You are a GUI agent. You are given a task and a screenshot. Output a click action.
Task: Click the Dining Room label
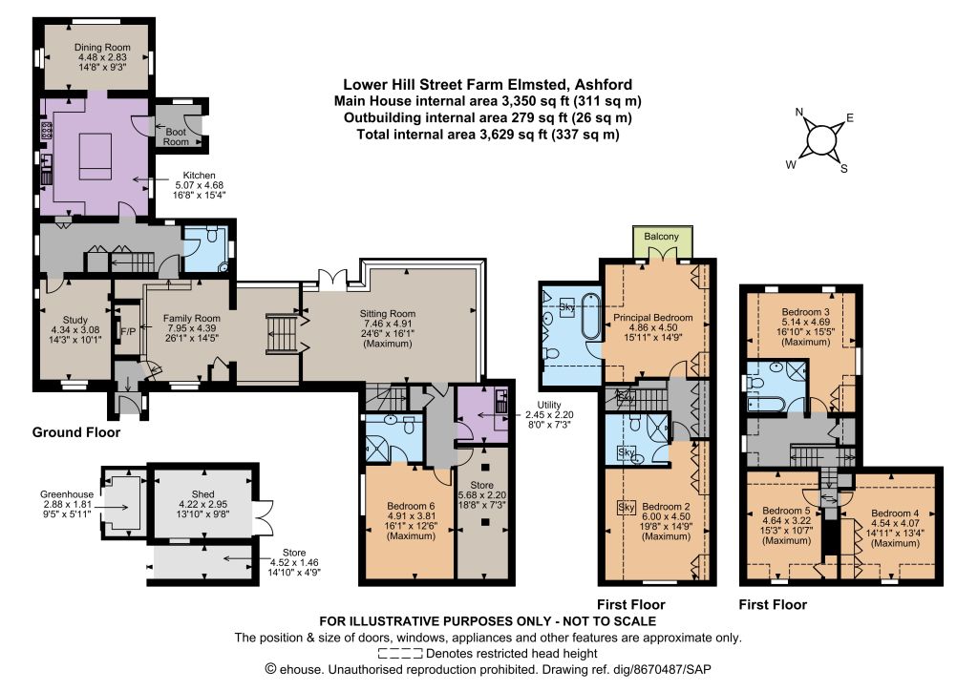pyautogui.click(x=102, y=48)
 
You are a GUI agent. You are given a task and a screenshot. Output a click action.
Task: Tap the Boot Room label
pyautogui.click(x=176, y=136)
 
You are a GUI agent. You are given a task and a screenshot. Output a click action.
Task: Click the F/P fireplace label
pyautogui.click(x=128, y=331)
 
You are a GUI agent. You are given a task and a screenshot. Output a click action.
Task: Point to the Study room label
pyautogui.click(x=75, y=320)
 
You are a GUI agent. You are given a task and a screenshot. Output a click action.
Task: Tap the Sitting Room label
pyautogui.click(x=388, y=313)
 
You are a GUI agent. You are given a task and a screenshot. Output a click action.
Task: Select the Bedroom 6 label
pyautogui.click(x=411, y=506)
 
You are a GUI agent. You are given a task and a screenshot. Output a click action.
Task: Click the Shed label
pyautogui.click(x=203, y=494)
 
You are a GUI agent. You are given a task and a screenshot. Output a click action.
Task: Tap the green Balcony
pyautogui.click(x=663, y=241)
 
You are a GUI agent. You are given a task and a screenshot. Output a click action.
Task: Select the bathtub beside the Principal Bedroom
pyautogui.click(x=590, y=317)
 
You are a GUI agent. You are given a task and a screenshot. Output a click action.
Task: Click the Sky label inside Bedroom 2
pyautogui.click(x=627, y=507)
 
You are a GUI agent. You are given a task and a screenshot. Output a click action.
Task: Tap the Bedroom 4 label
pyautogui.click(x=895, y=513)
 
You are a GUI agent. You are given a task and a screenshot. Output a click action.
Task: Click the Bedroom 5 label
pyautogui.click(x=787, y=511)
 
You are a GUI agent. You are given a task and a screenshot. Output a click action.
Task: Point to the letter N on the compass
pyautogui.click(x=799, y=113)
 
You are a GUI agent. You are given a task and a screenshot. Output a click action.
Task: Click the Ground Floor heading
pyautogui.click(x=76, y=432)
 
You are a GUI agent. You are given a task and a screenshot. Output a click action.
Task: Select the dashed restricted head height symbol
pyautogui.click(x=400, y=654)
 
